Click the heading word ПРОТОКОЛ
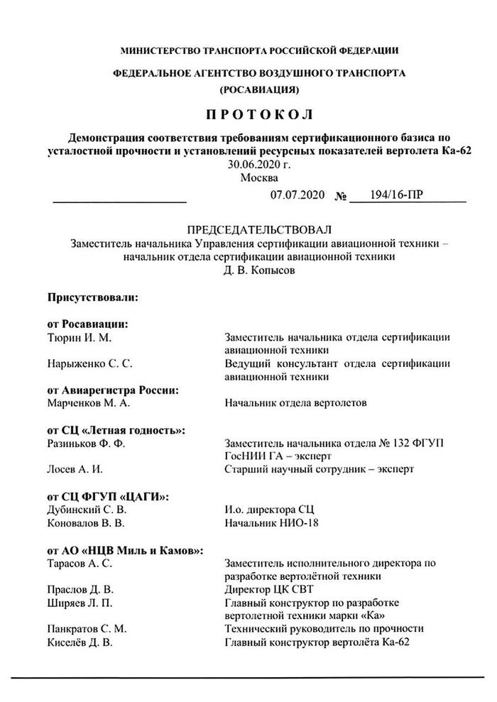click(x=259, y=114)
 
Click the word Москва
click(x=259, y=177)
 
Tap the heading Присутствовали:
click(x=92, y=298)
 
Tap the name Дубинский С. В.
click(x=87, y=509)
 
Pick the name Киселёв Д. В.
click(x=80, y=642)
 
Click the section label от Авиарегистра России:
click(x=111, y=390)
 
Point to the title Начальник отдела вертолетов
click(x=295, y=403)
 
